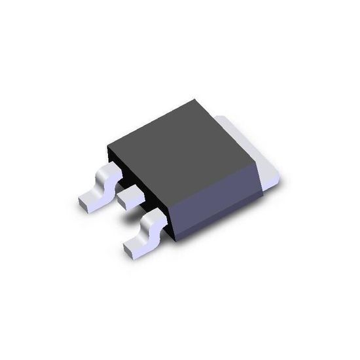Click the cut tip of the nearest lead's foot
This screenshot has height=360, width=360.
point(128,251)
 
